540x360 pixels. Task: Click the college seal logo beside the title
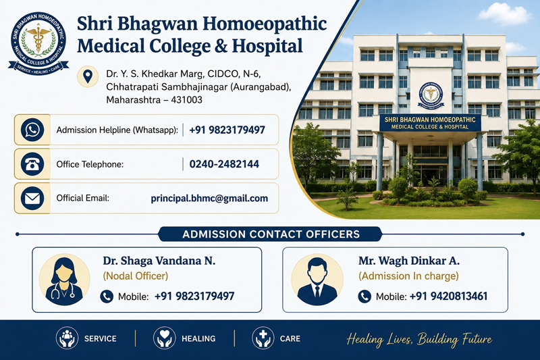(x=38, y=43)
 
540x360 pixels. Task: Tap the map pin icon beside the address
(x=88, y=76)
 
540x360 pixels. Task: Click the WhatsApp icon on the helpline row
(x=32, y=130)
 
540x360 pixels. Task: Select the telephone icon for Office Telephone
(x=32, y=164)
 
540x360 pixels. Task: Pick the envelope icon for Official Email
(x=32, y=198)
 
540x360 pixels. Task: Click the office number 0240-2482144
(x=224, y=164)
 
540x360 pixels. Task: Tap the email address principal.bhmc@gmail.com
(x=209, y=199)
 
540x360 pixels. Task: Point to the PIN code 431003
(x=187, y=100)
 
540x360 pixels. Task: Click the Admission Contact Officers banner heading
(x=271, y=234)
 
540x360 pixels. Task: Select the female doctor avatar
(x=64, y=280)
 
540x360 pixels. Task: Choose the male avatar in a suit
(x=317, y=280)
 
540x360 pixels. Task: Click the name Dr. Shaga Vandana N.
(x=159, y=261)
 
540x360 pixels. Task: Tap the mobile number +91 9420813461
(x=448, y=297)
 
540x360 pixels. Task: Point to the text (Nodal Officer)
(x=136, y=276)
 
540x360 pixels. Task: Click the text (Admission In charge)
(x=408, y=276)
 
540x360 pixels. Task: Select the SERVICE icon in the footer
(x=67, y=338)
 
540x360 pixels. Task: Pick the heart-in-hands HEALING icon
(x=164, y=338)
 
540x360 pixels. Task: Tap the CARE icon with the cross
(x=263, y=338)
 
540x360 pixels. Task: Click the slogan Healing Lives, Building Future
(x=419, y=339)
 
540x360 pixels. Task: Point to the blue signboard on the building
(x=430, y=123)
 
